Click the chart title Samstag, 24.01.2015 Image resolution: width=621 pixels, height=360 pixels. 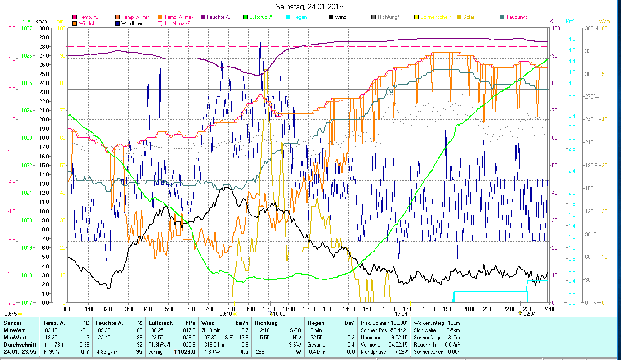click(x=310, y=7)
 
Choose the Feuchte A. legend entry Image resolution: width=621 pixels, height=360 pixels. click(x=219, y=17)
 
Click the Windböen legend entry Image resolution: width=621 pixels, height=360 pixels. click(x=132, y=23)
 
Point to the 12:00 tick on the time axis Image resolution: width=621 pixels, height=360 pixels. click(x=309, y=309)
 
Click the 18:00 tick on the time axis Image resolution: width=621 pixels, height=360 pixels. click(x=429, y=309)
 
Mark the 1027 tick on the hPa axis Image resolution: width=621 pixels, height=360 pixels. click(x=27, y=28)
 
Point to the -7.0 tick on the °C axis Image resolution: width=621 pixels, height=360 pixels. click(x=11, y=302)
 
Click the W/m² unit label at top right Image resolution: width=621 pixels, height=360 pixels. click(x=604, y=21)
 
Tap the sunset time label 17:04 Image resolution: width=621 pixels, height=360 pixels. click(x=401, y=314)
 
